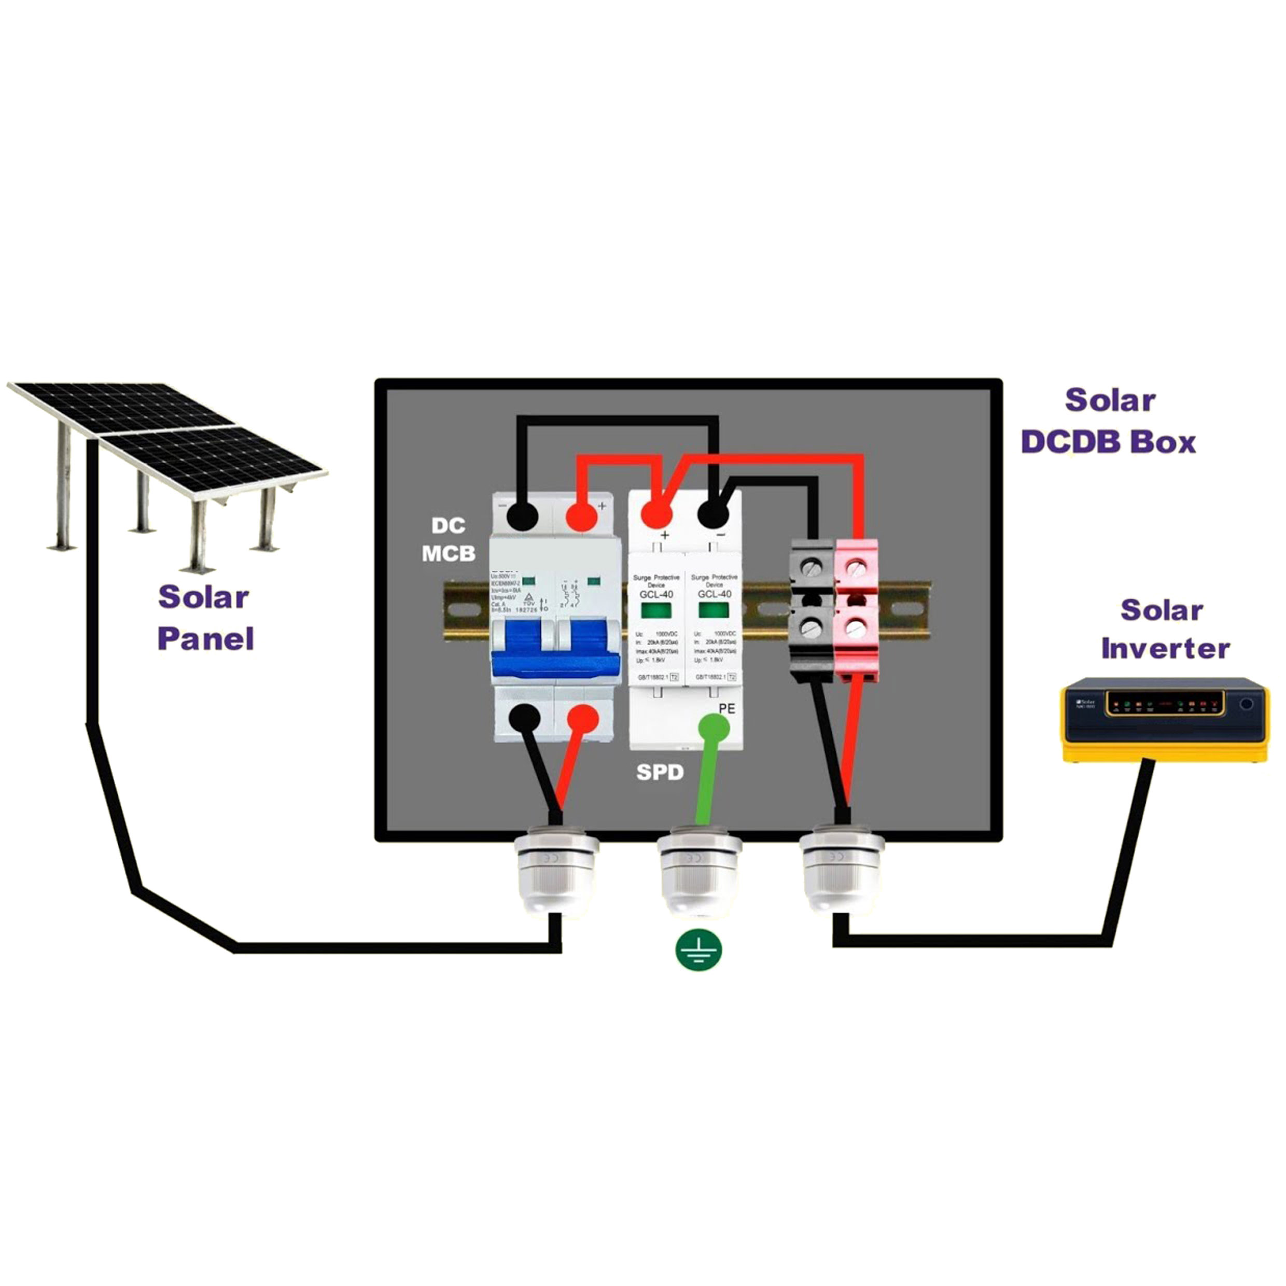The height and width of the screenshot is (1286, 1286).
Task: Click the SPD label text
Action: [x=660, y=772]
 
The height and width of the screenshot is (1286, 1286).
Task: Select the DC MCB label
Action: [x=449, y=539]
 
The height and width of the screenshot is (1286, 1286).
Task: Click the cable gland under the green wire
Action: [x=698, y=869]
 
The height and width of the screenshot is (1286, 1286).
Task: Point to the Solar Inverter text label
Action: [x=1165, y=629]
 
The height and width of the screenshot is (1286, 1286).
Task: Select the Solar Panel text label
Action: [x=205, y=617]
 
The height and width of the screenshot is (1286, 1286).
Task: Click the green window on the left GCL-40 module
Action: [x=655, y=610]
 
